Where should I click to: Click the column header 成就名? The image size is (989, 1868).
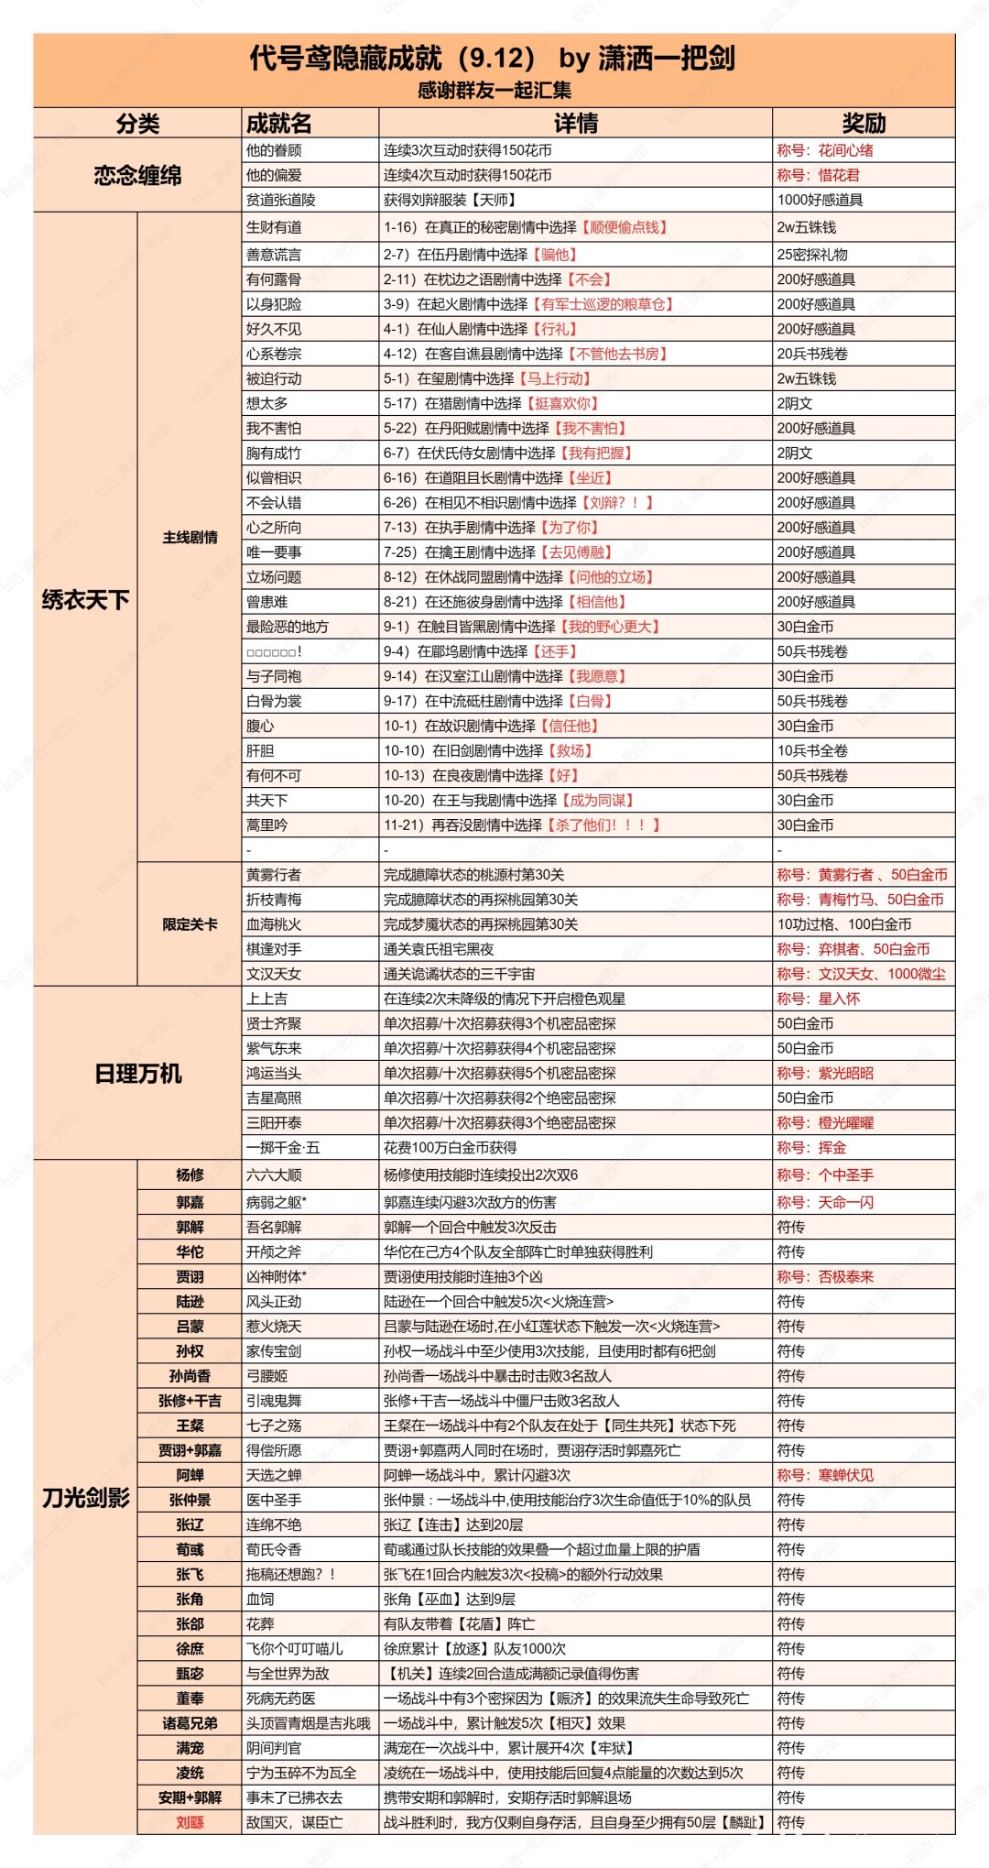point(279,124)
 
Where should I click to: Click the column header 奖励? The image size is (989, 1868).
point(864,124)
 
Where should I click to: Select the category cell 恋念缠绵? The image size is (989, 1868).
point(137,175)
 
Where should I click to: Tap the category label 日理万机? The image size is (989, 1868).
point(137,1073)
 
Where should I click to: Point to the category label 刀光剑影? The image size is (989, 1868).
point(86,1498)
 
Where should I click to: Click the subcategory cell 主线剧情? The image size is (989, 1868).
point(190,537)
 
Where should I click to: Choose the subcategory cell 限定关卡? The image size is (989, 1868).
point(190,924)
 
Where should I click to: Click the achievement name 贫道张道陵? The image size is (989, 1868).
point(281,200)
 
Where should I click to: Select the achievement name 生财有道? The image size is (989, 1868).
point(274,227)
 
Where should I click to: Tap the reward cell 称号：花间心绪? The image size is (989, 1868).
point(825,150)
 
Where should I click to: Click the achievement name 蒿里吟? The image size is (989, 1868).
point(266,825)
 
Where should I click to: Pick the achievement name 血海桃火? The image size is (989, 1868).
point(274,924)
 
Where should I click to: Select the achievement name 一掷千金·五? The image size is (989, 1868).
point(283,1147)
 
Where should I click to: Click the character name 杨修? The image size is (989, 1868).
point(190,1174)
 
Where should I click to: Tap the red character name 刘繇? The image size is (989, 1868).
point(190,1822)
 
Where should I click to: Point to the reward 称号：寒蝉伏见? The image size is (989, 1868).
point(825,1475)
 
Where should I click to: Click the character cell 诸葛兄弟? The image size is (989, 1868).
point(190,1723)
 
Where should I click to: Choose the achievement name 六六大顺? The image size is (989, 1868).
point(274,1174)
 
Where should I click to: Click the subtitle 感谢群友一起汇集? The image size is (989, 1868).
point(494,90)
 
